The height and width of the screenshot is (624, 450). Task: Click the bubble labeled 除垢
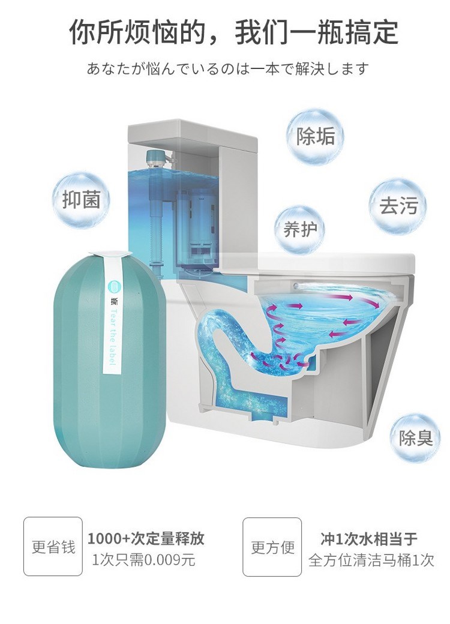coord(316,136)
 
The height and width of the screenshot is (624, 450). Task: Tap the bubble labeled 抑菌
coord(82,200)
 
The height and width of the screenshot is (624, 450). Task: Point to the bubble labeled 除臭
coord(415,437)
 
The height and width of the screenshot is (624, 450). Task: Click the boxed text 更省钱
coord(53,547)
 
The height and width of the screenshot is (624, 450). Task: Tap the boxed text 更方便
coord(272,547)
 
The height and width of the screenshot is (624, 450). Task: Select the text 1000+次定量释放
coord(146,538)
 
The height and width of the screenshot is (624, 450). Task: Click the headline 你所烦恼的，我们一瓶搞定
coord(233,32)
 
